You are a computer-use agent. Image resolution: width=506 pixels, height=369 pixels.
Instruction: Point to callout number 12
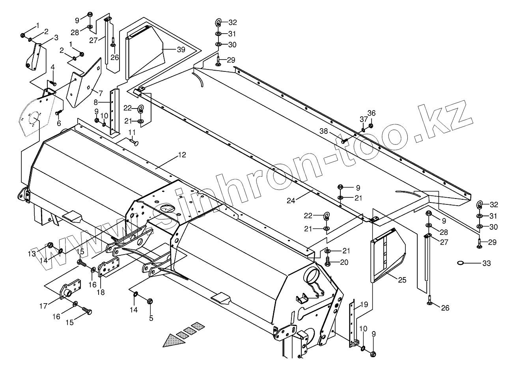point(181,155)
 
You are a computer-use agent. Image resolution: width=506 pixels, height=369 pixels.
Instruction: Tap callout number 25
point(402,280)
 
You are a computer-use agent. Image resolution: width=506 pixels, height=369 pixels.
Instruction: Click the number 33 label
point(487,262)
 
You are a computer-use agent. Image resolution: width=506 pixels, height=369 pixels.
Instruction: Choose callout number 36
point(372,112)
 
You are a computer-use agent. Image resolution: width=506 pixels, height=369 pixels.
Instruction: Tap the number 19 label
point(364,304)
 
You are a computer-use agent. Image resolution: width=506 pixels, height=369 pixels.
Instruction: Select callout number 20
point(344,262)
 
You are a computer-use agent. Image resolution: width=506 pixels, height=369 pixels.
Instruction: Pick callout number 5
point(151,318)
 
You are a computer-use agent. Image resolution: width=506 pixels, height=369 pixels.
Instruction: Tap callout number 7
point(101,94)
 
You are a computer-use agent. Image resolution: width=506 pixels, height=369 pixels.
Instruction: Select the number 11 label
point(132,131)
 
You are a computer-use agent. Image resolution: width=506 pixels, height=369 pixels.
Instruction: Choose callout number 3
point(56,37)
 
